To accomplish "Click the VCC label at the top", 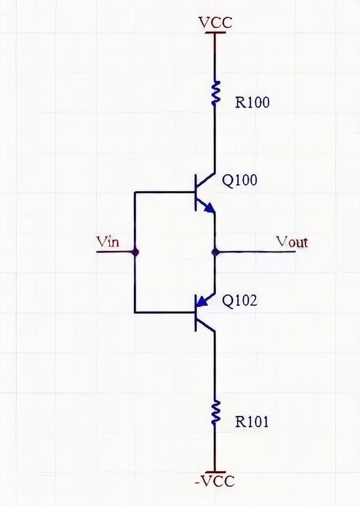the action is [x=215, y=22].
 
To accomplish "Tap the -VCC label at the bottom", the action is [x=215, y=481].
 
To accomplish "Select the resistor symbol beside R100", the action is [x=215, y=93].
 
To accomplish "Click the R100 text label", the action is [x=252, y=102].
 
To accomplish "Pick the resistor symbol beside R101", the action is [x=215, y=413].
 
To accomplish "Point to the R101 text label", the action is [x=252, y=422].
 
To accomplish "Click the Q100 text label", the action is [x=240, y=180].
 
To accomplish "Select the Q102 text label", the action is [x=240, y=301].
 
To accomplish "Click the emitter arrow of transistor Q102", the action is [x=201, y=301].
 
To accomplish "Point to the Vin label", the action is [x=108, y=241].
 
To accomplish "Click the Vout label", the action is [x=292, y=242].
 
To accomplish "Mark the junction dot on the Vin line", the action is [x=135, y=252].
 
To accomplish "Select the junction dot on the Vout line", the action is [x=215, y=252].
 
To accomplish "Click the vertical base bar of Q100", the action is [x=196, y=193].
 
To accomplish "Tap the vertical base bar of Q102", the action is [x=196, y=313].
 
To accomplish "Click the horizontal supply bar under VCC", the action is [x=215, y=33].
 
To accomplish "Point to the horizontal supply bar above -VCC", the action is [x=215, y=472].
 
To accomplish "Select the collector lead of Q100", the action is [x=206, y=180].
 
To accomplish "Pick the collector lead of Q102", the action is [x=206, y=326].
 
